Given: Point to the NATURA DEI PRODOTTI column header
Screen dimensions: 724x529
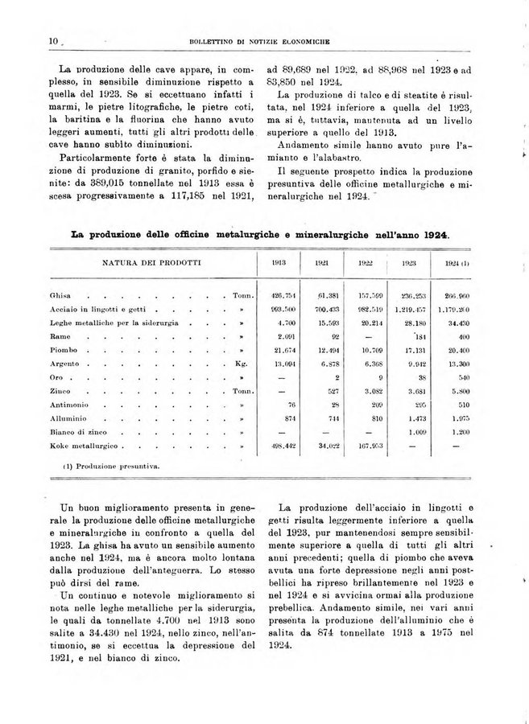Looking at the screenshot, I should pyautogui.click(x=151, y=263).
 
